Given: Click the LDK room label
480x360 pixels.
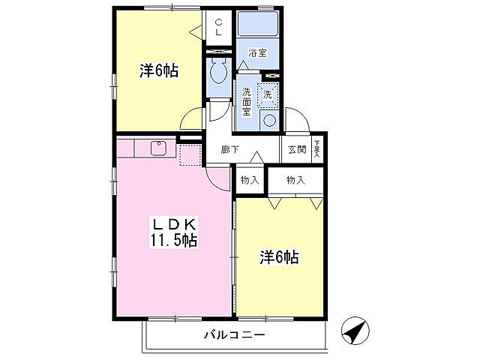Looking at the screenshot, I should pyautogui.click(x=175, y=223).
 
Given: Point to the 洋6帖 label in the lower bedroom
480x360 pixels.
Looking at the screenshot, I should pyautogui.click(x=280, y=257).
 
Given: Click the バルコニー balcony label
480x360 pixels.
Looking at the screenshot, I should pyautogui.click(x=234, y=335).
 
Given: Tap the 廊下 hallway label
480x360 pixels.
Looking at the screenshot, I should pyautogui.click(x=230, y=149).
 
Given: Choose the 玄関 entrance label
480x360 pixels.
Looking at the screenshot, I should pyautogui.click(x=297, y=149).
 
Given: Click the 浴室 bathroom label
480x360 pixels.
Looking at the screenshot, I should pyautogui.click(x=258, y=53).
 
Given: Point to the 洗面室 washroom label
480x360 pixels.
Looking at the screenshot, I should pyautogui.click(x=247, y=104).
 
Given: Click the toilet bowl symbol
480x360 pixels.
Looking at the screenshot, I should pyautogui.click(x=220, y=73).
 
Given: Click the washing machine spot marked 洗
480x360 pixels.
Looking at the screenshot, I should pyautogui.click(x=268, y=94).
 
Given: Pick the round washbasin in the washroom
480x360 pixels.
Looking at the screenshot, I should pyautogui.click(x=269, y=120).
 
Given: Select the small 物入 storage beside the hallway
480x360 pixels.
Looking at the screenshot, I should pyautogui.click(x=250, y=180).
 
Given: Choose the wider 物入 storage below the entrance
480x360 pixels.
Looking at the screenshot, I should pyautogui.click(x=296, y=180).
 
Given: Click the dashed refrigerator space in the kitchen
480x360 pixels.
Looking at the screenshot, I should pyautogui.click(x=190, y=154).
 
